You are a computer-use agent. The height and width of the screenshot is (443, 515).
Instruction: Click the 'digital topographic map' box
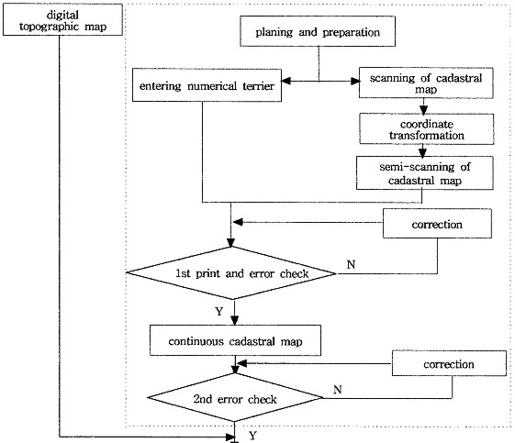[62, 19]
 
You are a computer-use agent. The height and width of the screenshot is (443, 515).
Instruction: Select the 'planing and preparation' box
[318, 31]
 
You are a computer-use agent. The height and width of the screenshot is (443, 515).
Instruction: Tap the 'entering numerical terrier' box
[207, 85]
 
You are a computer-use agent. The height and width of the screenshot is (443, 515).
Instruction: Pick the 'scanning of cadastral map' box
[426, 83]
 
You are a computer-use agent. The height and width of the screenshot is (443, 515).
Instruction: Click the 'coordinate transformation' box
[427, 129]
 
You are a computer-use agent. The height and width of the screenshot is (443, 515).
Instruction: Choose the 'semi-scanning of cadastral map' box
[425, 173]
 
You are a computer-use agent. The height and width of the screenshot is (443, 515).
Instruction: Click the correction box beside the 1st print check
[437, 224]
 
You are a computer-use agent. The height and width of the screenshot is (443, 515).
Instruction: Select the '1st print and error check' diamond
[231, 273]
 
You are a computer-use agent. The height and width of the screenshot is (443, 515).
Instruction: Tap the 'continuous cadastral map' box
[235, 340]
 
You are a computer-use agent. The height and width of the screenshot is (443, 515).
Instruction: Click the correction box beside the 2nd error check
[449, 363]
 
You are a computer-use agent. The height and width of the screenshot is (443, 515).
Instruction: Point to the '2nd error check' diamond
[235, 398]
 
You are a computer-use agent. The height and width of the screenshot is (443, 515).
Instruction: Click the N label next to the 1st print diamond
[351, 264]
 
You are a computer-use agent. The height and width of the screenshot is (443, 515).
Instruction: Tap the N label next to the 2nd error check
[338, 390]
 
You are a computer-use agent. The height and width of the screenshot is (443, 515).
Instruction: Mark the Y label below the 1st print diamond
[219, 311]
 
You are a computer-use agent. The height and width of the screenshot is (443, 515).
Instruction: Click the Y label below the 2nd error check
[252, 436]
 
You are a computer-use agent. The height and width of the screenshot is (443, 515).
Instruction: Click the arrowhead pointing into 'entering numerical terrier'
[285, 81]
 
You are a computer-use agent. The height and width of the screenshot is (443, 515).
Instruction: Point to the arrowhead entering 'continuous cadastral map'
[234, 320]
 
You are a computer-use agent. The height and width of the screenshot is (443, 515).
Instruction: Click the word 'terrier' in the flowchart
[259, 86]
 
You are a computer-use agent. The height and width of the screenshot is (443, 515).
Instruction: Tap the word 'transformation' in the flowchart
[427, 135]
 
